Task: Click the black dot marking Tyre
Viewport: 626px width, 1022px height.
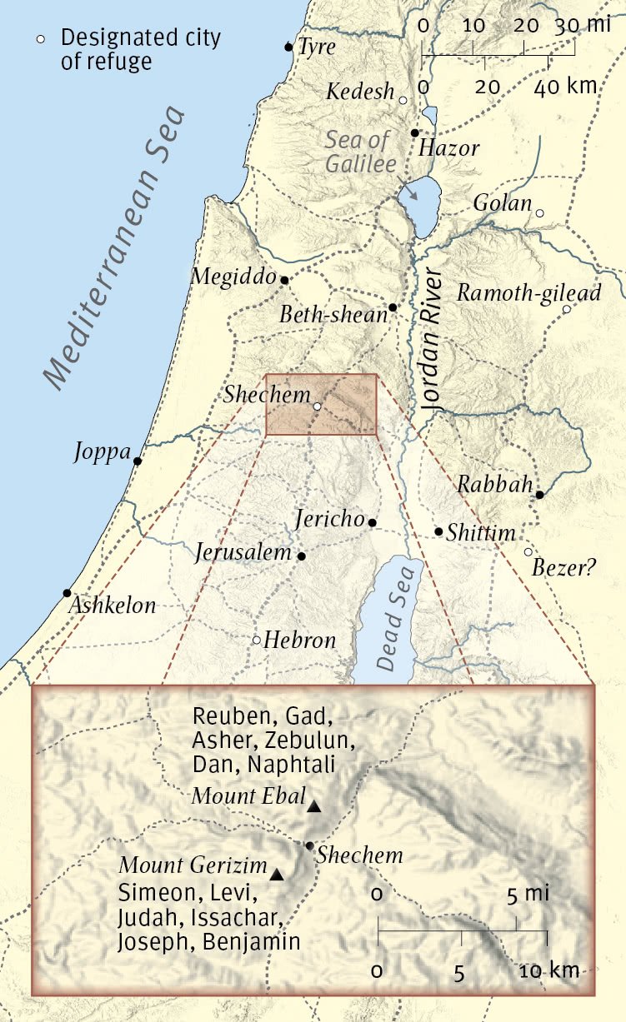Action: coord(288,47)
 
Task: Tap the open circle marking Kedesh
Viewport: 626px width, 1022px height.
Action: coord(403,100)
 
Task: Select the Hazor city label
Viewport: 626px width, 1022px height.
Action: coord(449,149)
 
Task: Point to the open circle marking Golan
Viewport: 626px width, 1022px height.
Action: coord(539,214)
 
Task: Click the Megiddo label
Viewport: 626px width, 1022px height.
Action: coord(233,276)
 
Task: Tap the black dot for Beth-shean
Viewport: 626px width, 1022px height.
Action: coord(393,307)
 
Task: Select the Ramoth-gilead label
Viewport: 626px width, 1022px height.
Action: coord(528,293)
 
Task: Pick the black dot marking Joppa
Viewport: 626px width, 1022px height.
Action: coord(138,461)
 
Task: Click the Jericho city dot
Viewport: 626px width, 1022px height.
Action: coord(373,523)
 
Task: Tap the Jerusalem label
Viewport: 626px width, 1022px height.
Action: coord(244,552)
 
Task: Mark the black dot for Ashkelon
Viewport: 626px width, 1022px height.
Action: coord(67,593)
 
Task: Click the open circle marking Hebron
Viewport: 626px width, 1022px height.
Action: coord(257,640)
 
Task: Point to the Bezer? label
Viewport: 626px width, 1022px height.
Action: coord(564,568)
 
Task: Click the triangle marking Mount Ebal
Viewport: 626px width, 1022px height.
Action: coord(313,806)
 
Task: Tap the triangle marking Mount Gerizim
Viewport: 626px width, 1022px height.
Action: coord(277,875)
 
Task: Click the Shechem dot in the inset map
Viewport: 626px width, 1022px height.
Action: coord(309,845)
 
